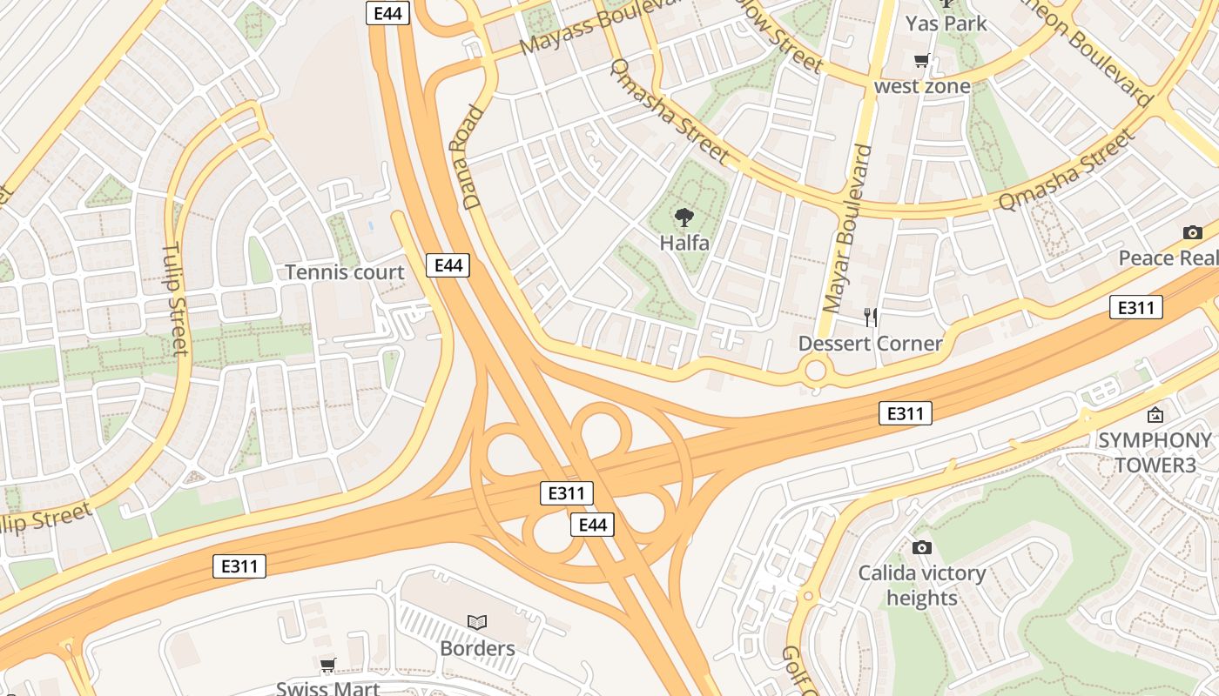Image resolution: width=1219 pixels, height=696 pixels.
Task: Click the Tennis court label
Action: (345, 272)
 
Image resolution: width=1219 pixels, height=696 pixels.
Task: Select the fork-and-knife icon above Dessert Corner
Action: (870, 317)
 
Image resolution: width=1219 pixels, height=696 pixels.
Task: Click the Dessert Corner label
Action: (870, 344)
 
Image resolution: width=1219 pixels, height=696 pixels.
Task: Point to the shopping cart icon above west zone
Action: (921, 61)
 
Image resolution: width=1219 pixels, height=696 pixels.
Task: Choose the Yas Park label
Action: (946, 23)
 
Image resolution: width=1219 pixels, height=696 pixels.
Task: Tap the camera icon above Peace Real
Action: (1192, 232)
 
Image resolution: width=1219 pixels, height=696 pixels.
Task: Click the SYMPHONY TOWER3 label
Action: (1155, 452)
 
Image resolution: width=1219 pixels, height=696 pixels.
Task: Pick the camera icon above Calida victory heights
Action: (921, 547)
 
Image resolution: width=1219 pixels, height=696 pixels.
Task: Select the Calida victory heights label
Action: (921, 586)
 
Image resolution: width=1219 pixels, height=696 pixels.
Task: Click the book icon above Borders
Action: (477, 622)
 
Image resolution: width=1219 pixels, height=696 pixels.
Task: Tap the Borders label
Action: (477, 649)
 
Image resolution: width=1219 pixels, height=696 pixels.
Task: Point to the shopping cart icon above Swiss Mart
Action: (327, 666)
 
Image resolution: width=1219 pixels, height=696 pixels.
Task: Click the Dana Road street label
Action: (474, 157)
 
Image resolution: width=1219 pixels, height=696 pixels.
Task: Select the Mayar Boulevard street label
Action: (847, 229)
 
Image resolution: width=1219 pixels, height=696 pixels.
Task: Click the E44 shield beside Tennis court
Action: (448, 265)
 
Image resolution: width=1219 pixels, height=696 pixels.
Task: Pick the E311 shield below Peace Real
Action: (1135, 307)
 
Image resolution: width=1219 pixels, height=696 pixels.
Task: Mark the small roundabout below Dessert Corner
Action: (815, 371)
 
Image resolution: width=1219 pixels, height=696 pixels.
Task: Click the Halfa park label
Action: (684, 244)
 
